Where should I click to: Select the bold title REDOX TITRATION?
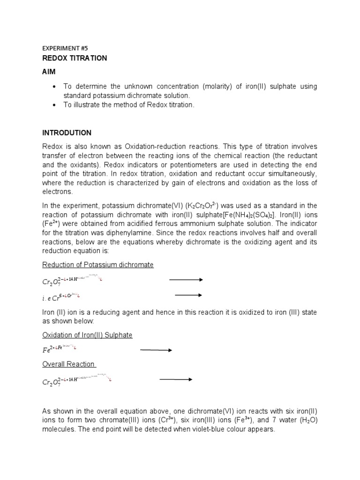point(75,58)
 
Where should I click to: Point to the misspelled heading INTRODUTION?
point(67,133)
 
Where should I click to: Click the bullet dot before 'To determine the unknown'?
point(55,87)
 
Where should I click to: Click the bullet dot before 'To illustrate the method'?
point(55,105)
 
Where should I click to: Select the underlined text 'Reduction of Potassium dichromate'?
point(98,265)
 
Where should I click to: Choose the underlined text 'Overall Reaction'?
point(69,364)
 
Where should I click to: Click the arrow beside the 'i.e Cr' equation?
point(188,295)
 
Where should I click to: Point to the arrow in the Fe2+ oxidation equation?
point(156,350)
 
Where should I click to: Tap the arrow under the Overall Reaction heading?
point(176,380)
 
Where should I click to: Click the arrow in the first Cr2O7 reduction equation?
point(186,280)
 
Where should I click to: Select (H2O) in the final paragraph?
point(306,420)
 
